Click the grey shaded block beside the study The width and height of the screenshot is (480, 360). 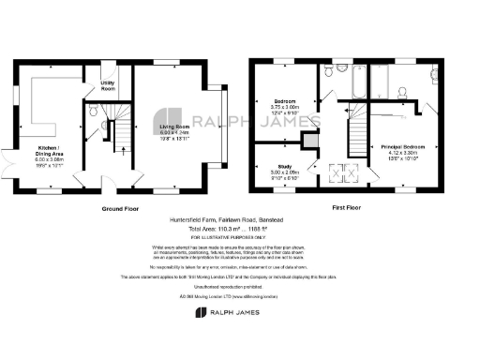pyautogui.click(x=308, y=141)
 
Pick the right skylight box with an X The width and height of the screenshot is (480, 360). pyautogui.click(x=352, y=170)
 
